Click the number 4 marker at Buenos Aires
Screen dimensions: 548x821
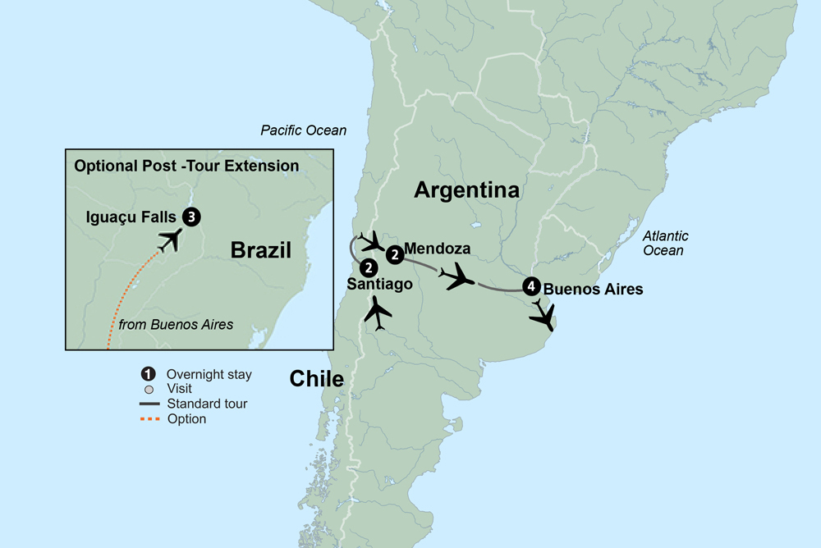tap(531, 288)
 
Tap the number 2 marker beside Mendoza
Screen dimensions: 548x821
tap(395, 254)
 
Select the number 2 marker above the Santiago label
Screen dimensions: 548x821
tap(369, 267)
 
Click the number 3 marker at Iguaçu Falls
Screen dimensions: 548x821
tap(191, 217)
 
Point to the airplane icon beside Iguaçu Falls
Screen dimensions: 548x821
tap(170, 239)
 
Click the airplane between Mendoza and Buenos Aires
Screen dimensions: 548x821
tap(456, 277)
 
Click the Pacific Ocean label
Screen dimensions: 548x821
tap(303, 130)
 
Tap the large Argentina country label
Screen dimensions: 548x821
tap(466, 190)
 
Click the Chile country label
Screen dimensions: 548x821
tap(316, 378)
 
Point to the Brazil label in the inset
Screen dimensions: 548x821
tap(261, 250)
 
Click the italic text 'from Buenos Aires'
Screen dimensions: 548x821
tap(176, 325)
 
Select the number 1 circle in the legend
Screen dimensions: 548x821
tap(148, 375)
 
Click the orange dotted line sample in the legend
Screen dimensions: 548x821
tap(148, 418)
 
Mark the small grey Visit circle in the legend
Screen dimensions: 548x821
tap(148, 389)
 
